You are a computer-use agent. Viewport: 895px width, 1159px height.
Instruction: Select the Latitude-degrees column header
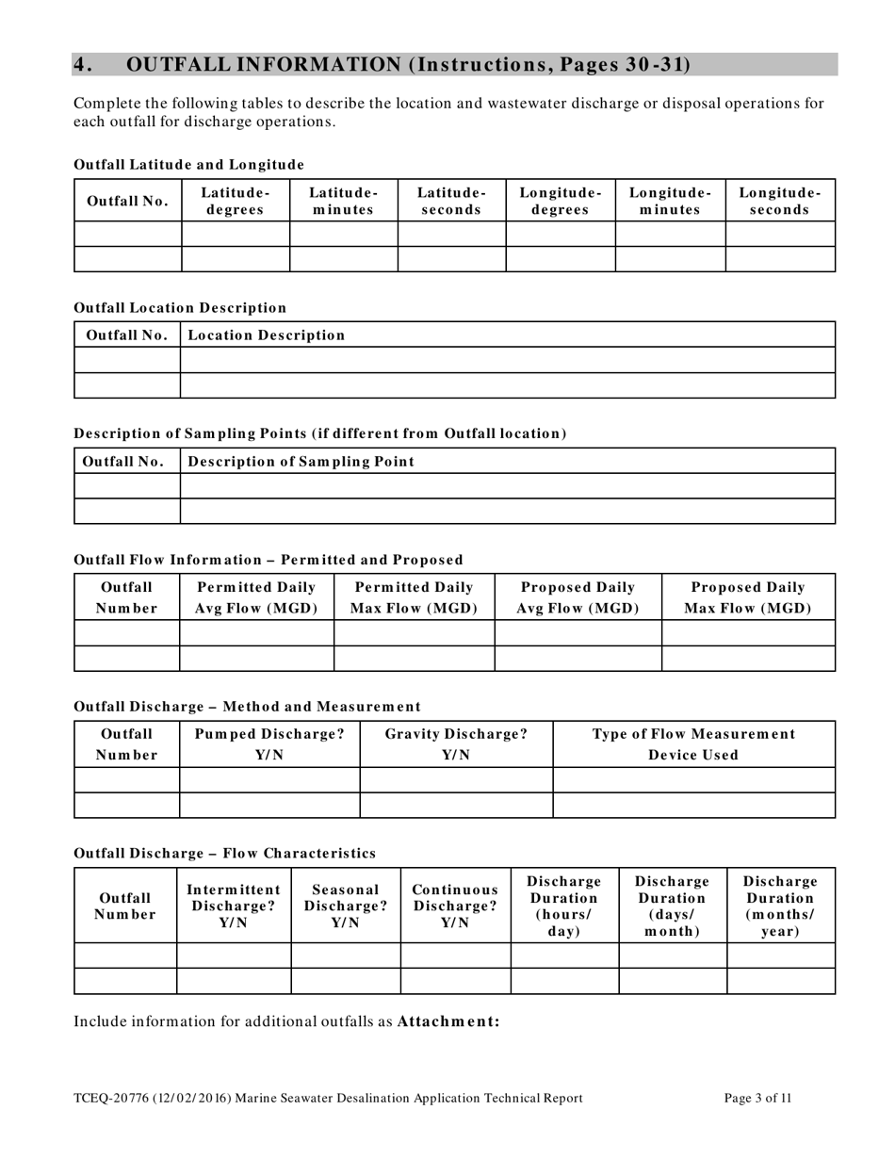pyautogui.click(x=236, y=201)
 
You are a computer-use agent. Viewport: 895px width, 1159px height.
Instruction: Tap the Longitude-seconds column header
pyautogui.click(x=780, y=201)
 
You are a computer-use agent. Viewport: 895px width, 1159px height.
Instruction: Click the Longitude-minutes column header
pyautogui.click(x=670, y=201)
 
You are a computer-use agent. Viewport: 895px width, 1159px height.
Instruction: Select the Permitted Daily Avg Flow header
pyautogui.click(x=256, y=597)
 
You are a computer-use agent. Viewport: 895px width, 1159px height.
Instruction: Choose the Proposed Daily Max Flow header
pyautogui.click(x=748, y=597)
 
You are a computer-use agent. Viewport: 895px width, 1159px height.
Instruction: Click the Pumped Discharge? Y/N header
pyautogui.click(x=269, y=743)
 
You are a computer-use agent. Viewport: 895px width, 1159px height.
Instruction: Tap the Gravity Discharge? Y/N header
pyautogui.click(x=456, y=743)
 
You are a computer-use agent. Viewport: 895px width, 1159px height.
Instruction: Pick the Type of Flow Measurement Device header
pyautogui.click(x=693, y=743)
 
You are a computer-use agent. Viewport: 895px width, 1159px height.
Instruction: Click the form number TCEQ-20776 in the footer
pyautogui.click(x=104, y=1098)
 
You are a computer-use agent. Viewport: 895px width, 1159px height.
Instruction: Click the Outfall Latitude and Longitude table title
pyautogui.click(x=188, y=164)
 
